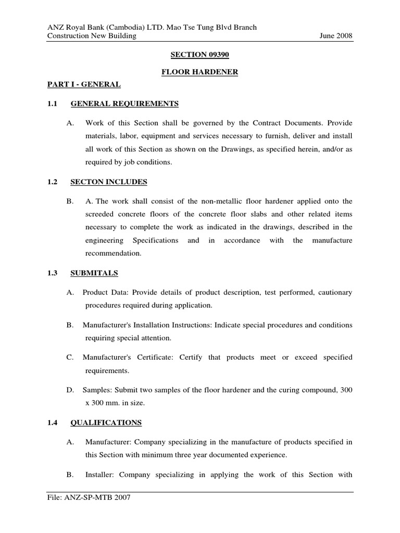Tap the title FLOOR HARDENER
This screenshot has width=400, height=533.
199,72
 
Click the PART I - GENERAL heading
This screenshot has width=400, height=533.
76,84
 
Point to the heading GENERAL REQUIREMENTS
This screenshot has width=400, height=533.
124,104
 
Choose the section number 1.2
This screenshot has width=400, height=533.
53,182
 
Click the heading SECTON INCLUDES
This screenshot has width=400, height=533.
109,182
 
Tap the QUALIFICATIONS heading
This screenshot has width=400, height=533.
106,422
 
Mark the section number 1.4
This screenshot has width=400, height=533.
53,422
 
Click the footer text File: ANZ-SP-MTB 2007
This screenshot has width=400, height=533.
89,498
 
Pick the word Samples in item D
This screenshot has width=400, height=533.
97,390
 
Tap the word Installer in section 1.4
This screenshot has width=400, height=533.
101,475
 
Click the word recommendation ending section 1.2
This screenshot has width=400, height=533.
113,253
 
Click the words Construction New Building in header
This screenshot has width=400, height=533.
92,36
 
